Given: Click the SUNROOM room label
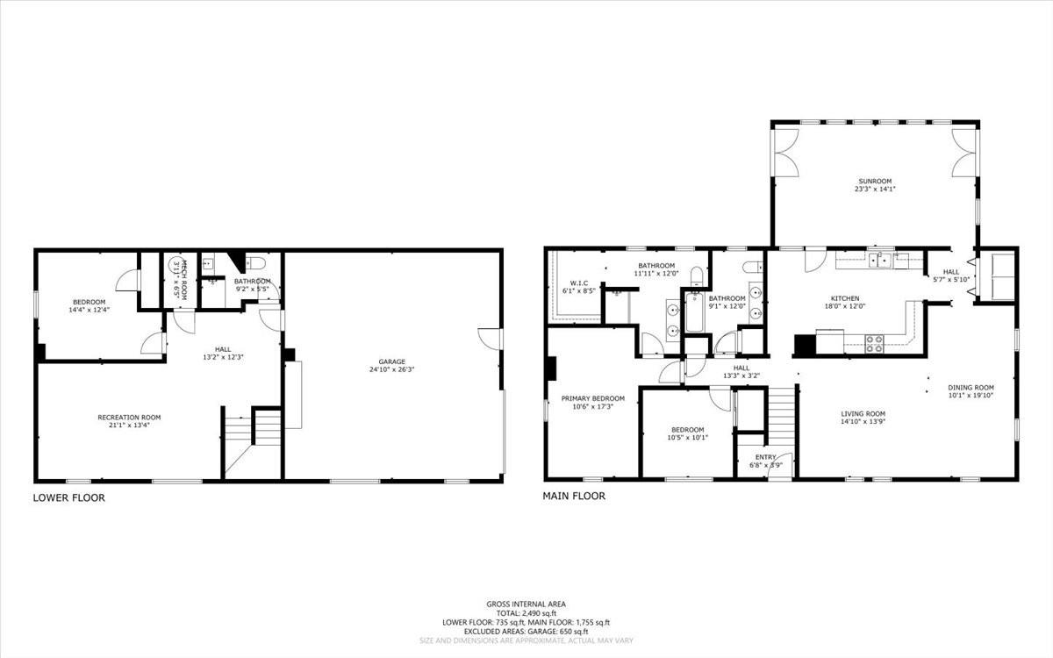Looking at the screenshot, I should (x=875, y=181).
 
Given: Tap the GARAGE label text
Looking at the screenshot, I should (x=392, y=361).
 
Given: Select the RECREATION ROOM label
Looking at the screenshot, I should (x=129, y=418).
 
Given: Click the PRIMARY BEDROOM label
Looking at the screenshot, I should (x=593, y=398).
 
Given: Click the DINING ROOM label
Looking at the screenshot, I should (x=971, y=387).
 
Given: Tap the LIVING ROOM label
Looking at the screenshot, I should (x=863, y=414).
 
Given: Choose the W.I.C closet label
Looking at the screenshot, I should (x=578, y=283).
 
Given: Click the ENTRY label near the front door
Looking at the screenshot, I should (x=766, y=457).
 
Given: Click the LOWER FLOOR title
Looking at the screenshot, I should (x=69, y=497).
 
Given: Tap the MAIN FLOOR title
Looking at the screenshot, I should (x=574, y=496).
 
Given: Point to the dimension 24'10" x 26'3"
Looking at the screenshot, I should (x=392, y=369).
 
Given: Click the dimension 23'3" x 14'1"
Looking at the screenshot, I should (x=875, y=189).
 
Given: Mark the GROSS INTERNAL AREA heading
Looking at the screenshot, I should (x=526, y=604).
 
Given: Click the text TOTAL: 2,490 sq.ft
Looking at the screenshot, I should (x=526, y=612).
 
